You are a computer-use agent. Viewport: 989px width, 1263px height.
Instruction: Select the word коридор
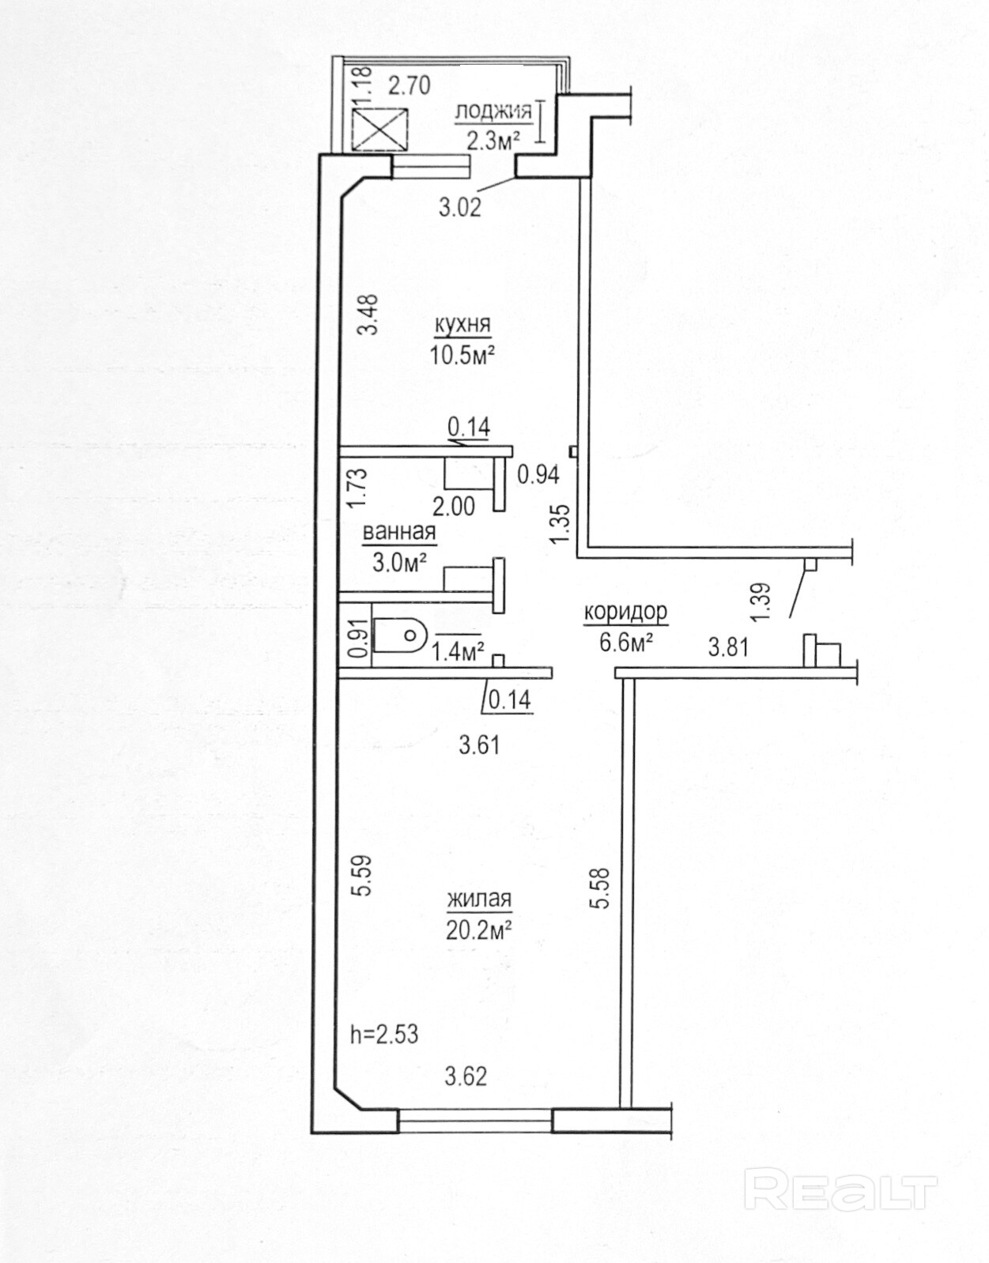tap(626, 612)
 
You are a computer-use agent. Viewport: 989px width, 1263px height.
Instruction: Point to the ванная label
tap(398, 532)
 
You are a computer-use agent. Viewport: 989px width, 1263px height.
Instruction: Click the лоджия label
tap(493, 111)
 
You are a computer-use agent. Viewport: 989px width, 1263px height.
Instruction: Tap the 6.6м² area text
tap(626, 643)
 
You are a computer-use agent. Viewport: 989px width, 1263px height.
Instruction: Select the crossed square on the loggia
tap(380, 129)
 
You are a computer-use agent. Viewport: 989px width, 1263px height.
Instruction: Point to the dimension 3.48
tap(368, 315)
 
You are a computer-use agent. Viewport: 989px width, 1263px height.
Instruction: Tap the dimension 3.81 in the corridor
tap(728, 647)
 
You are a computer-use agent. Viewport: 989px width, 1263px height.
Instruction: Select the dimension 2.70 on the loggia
tap(409, 86)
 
